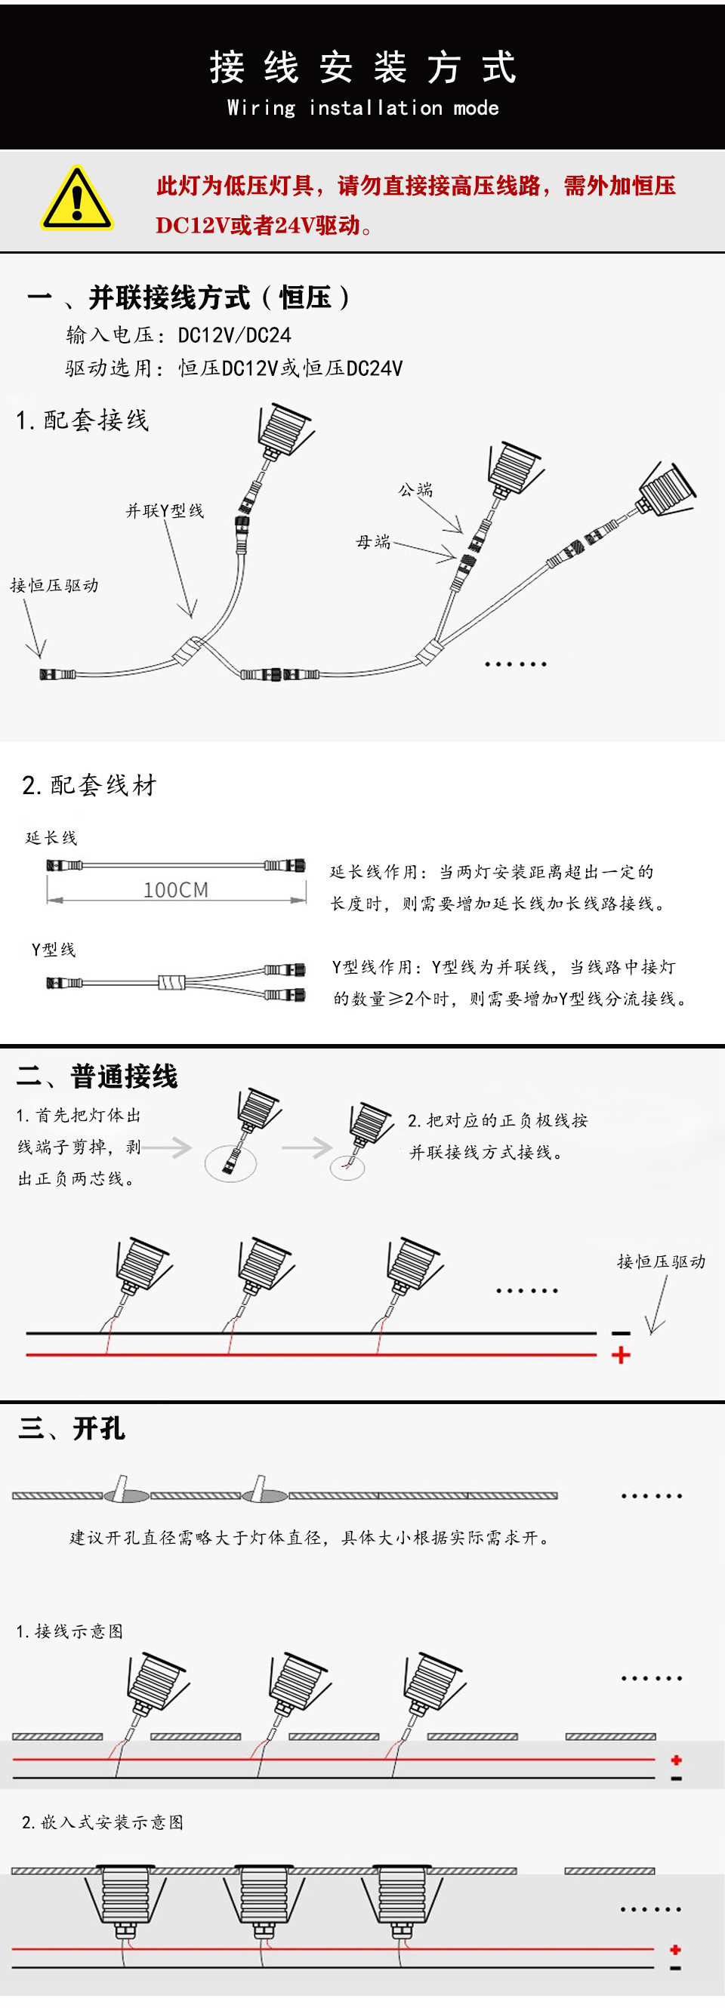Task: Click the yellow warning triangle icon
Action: coord(76,199)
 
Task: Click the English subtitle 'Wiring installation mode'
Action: coord(362,107)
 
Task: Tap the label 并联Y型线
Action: coord(165,510)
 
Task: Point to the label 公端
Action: coord(415,489)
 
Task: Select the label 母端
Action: coord(372,542)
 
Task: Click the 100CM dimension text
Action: coord(176,889)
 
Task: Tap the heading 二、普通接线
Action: coord(97,1076)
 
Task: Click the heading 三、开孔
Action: coord(72,1428)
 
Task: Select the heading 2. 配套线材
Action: coord(90,785)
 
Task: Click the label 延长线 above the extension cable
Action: coord(51,838)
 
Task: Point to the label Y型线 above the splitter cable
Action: coord(54,950)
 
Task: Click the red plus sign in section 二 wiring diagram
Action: coord(621,1356)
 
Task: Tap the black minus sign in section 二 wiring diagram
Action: coord(621,1333)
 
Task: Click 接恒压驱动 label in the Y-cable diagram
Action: coord(54,585)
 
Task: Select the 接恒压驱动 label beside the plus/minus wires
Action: coord(661,1261)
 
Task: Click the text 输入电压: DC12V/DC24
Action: coord(178,335)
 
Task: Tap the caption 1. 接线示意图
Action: coord(70,1631)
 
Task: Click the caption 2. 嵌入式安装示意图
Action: coord(103,1822)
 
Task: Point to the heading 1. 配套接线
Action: coord(82,420)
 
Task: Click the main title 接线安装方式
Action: coord(362,67)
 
